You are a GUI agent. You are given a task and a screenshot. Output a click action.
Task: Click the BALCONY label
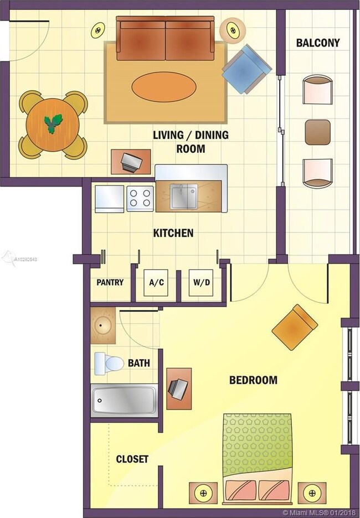click(318, 43)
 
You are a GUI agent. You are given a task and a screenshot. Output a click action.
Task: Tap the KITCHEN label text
click(173, 233)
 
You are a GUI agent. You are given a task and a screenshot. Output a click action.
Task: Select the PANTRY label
click(110, 282)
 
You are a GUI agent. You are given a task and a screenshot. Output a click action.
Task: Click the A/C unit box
click(156, 283)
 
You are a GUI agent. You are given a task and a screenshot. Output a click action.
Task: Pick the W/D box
click(201, 283)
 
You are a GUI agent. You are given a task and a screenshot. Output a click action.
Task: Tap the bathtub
click(124, 400)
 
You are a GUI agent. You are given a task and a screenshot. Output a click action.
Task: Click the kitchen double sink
click(184, 196)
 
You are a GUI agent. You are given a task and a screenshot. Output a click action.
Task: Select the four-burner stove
click(140, 199)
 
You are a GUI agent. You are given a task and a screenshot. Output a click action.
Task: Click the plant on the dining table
click(53, 123)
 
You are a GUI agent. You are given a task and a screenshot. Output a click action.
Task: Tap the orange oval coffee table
click(164, 87)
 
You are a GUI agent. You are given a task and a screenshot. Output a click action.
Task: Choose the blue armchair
click(246, 69)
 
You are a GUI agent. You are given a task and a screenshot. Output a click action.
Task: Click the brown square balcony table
click(318, 132)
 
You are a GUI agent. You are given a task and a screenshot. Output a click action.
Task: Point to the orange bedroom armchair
click(295, 327)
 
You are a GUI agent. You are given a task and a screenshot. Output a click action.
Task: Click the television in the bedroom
click(178, 388)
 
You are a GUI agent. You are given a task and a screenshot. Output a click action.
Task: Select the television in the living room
click(131, 162)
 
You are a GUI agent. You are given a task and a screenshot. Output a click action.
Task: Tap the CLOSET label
click(132, 459)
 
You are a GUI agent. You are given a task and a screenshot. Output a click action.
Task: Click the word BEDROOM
click(253, 380)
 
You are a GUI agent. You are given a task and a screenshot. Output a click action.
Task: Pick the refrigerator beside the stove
click(110, 199)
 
